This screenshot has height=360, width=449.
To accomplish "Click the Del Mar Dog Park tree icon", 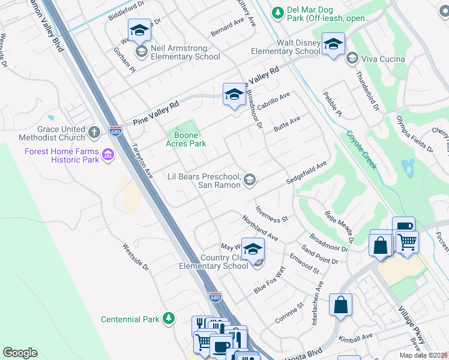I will [x=277, y=12].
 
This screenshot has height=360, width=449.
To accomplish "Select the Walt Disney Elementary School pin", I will [x=333, y=44].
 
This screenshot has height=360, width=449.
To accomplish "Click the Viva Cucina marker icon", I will [x=352, y=58].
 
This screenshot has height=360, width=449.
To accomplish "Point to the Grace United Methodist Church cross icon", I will [x=93, y=131].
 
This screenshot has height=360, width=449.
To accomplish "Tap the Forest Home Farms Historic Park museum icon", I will [x=108, y=155].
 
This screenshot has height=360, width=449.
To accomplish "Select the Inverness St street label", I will [x=271, y=214].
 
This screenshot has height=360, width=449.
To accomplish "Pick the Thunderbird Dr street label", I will [x=367, y=93].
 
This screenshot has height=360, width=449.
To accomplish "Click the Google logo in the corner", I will [x=20, y=353].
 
